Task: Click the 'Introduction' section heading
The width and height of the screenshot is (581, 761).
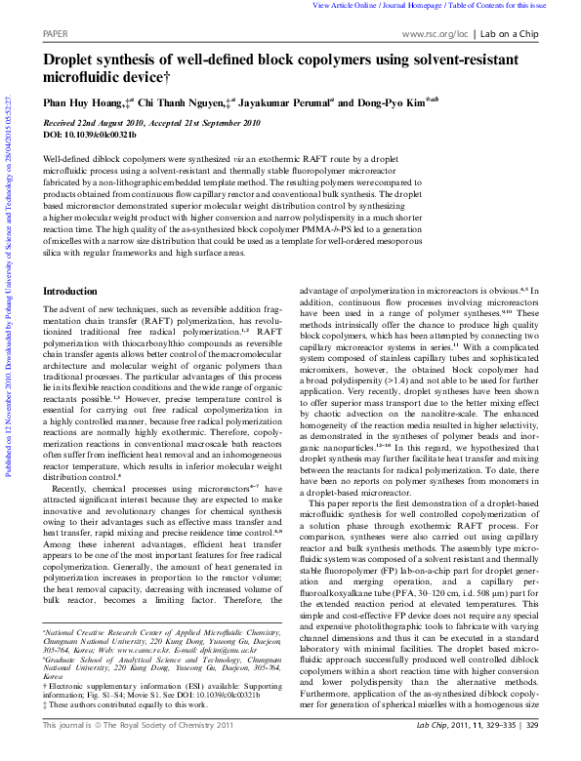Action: (70, 292)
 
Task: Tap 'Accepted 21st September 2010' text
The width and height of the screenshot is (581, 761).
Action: (204, 123)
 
